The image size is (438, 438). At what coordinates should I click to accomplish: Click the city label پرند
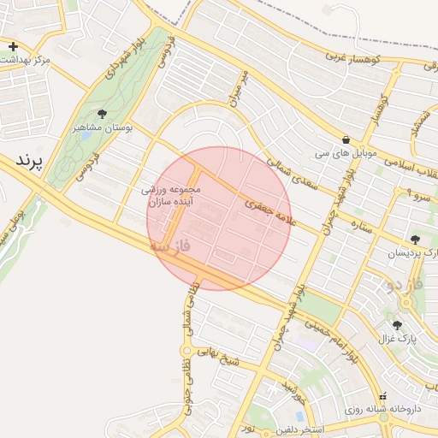[x=30, y=160]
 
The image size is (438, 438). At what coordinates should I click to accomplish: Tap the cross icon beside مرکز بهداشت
[x=13, y=46]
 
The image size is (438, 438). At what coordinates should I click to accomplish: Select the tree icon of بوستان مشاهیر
[x=103, y=114]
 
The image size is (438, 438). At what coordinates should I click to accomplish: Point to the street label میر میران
[x=237, y=89]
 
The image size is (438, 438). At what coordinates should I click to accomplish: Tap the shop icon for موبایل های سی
[x=346, y=140]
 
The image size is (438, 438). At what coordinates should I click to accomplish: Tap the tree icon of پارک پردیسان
[x=416, y=240]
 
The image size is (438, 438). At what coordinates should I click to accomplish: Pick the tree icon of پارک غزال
[x=397, y=325]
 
